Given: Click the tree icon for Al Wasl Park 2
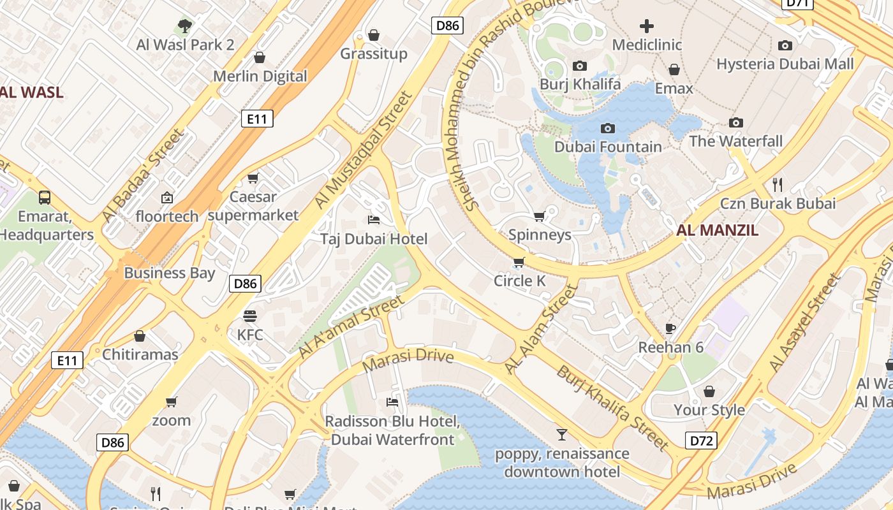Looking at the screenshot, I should tap(185, 26).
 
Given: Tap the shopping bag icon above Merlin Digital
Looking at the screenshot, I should tap(260, 57).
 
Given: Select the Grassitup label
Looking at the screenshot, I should tap(374, 54).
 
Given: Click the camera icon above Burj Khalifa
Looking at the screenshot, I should tap(580, 66).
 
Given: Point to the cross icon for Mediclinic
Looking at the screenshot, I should tap(647, 26).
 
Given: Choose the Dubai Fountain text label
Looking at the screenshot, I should tap(608, 147).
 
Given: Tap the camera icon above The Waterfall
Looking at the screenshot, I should tap(736, 122).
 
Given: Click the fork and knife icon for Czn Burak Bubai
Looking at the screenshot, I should tap(778, 185).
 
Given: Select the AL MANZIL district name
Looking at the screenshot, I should tap(718, 231).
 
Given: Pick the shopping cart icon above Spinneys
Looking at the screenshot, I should tap(540, 216).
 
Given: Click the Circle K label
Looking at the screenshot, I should tap(520, 281).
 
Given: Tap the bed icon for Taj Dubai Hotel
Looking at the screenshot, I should tap(374, 220).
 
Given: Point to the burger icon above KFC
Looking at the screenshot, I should tap(250, 316).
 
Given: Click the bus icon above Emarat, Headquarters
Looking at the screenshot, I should tap(45, 198).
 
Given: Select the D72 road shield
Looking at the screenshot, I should tap(701, 440).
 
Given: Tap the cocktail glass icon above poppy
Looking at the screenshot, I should tap(561, 435).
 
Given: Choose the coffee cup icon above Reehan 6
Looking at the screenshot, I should tap(670, 328).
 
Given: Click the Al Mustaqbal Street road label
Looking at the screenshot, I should tap(364, 150).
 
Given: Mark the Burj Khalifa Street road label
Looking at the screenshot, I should tap(613, 408).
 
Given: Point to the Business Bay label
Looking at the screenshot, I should tap(170, 273).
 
